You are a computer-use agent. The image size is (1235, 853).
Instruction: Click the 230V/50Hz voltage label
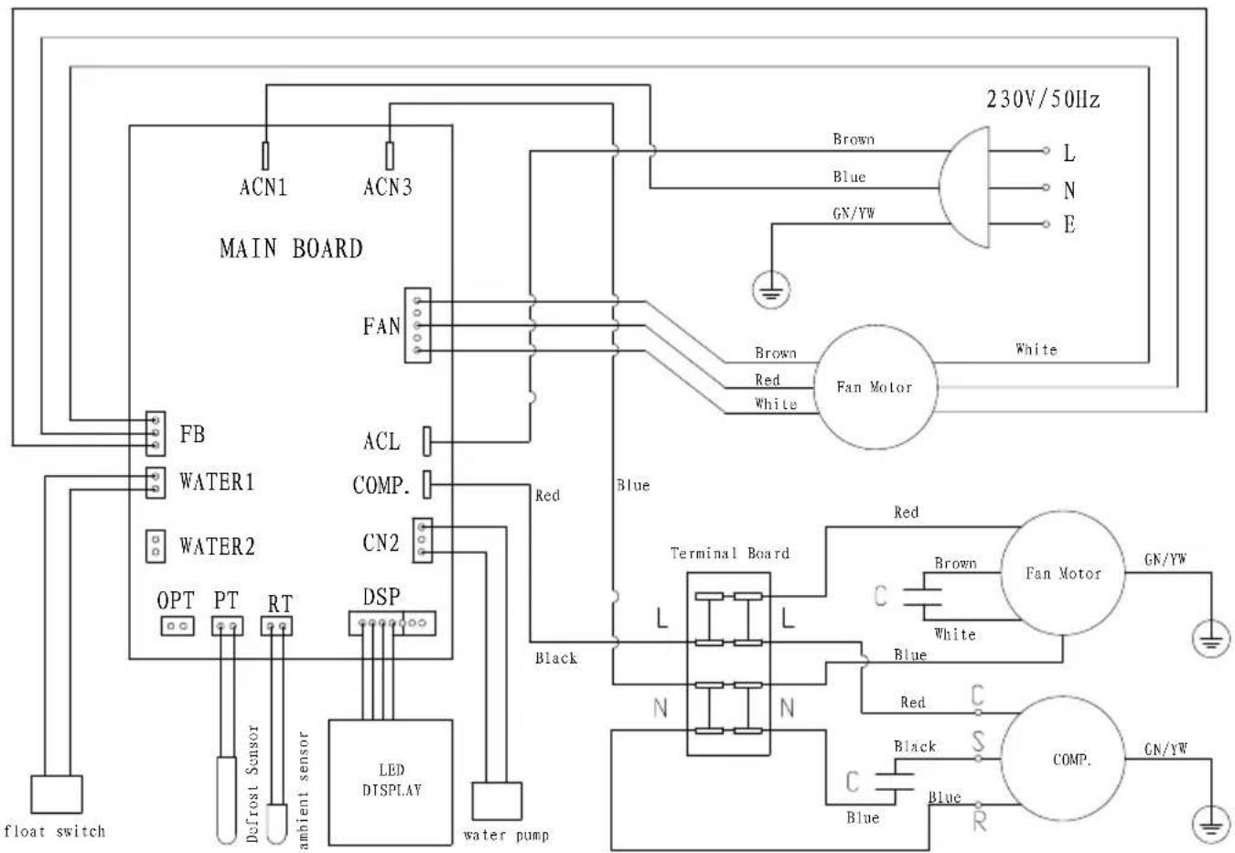tap(1043, 100)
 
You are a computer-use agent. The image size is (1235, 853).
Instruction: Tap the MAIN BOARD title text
tap(291, 248)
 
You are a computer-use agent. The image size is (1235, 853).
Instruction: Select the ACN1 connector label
tap(263, 188)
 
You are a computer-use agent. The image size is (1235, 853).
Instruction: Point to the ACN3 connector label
tap(388, 188)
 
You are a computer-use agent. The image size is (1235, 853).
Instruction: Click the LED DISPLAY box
tap(391, 781)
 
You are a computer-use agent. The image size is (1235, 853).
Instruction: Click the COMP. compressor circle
tap(1062, 759)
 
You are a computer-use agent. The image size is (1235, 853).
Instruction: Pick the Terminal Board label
tap(729, 554)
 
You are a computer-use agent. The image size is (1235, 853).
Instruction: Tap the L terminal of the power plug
tap(1069, 154)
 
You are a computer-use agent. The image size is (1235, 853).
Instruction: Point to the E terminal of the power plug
tap(1069, 224)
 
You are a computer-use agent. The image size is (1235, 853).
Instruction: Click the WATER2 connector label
tap(217, 547)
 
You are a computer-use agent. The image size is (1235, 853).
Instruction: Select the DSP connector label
tap(381, 597)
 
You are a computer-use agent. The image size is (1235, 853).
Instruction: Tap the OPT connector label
tap(176, 600)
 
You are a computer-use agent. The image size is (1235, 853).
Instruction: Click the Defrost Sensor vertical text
tap(253, 783)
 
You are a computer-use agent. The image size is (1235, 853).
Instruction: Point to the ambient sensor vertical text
tap(304, 789)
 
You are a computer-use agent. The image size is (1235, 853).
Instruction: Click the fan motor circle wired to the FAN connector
tap(875, 387)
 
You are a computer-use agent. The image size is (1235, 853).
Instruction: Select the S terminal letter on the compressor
tap(978, 743)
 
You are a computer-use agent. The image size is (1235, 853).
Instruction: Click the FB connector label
tap(192, 435)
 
